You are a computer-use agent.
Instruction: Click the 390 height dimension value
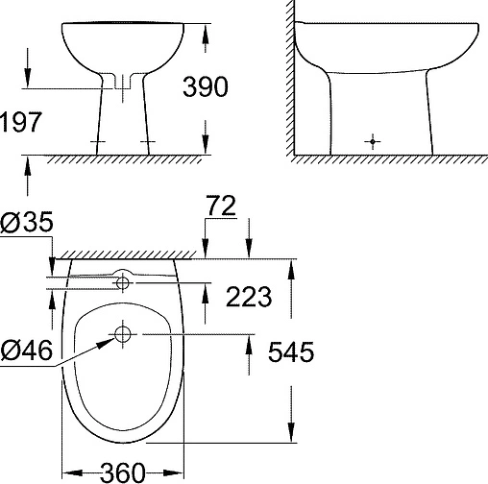tap(205, 87)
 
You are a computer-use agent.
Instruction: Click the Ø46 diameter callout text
tap(27, 347)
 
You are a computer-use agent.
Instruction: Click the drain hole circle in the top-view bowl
tap(122, 334)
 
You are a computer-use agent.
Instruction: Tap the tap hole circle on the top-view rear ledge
tap(122, 281)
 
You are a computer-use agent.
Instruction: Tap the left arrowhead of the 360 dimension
tap(66, 472)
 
